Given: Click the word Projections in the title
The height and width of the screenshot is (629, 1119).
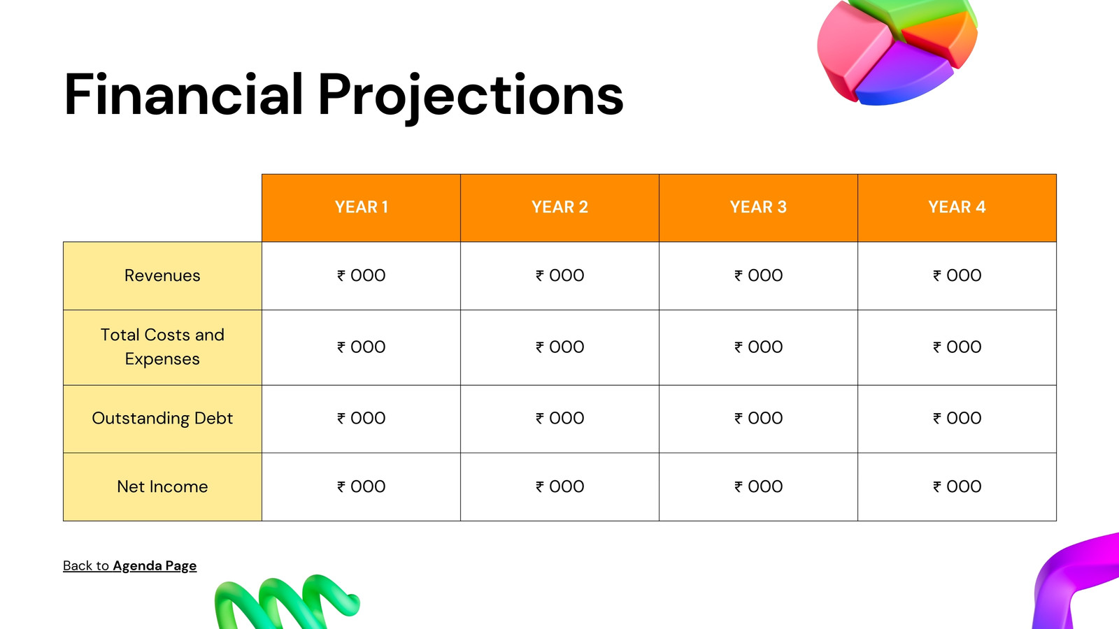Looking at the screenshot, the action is (x=471, y=97).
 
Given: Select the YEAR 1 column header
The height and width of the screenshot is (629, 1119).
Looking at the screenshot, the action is (x=361, y=207).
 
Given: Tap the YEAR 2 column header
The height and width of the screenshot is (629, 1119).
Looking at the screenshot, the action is (x=559, y=207).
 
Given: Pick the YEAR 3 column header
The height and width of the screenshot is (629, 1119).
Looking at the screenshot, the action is (x=758, y=207).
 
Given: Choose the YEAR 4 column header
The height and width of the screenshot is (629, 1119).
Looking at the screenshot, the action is (x=957, y=207).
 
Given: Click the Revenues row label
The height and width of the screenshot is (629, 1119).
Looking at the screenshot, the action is (x=162, y=275).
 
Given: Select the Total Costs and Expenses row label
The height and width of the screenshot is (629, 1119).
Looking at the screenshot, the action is (x=162, y=347).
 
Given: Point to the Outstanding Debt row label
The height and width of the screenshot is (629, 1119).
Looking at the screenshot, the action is (x=162, y=419).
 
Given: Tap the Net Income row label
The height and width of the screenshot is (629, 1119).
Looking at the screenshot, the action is (x=162, y=486).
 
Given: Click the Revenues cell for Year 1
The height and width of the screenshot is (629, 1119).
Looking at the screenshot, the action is (x=361, y=275).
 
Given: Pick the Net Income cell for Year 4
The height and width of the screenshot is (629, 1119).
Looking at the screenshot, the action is (x=957, y=486).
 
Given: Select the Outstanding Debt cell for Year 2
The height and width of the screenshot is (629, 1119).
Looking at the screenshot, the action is (x=559, y=419).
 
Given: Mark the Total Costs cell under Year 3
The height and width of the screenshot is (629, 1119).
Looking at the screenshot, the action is (x=758, y=347).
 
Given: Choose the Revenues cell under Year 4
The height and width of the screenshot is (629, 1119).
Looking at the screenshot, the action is (x=957, y=275).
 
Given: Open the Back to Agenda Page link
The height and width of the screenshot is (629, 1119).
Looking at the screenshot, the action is (x=130, y=565).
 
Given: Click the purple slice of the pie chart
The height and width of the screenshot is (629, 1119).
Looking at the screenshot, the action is (x=901, y=75).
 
